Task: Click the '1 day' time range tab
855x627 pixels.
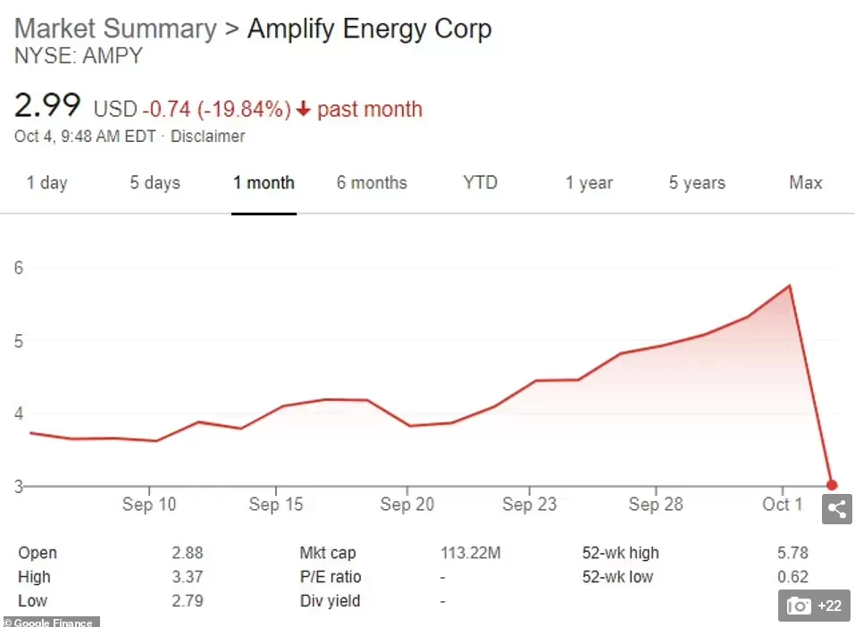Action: pos(46,182)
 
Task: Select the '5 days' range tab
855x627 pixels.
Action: pos(155,182)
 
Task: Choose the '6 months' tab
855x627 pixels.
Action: pos(372,182)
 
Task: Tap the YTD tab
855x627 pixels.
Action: pos(481,182)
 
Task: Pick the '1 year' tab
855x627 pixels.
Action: pos(589,182)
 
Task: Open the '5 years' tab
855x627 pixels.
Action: pos(698,182)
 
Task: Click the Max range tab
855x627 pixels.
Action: pos(805,182)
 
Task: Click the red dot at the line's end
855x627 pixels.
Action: pos(832,485)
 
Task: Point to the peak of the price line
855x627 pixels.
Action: pos(789,285)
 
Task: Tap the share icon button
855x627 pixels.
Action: pos(837,509)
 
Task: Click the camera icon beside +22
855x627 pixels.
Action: pos(799,606)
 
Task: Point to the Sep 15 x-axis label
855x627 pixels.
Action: pos(276,505)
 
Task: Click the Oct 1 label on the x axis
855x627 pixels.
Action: pos(783,505)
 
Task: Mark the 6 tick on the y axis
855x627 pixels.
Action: pos(19,268)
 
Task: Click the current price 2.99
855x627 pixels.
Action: pos(47,105)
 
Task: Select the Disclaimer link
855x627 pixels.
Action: pos(208,137)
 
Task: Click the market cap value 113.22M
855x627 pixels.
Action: pos(471,553)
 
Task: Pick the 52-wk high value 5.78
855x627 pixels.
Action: pos(792,553)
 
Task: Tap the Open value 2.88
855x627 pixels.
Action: pos(188,553)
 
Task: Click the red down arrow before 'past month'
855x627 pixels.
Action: pos(303,110)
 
